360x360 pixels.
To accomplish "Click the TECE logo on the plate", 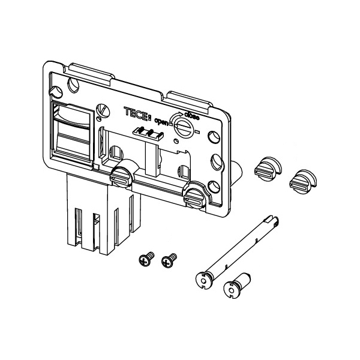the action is pos(137,113).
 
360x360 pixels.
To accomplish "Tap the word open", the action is pos(161,121).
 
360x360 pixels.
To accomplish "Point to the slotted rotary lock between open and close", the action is pos(184,128).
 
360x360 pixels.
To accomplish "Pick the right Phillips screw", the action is pos(169,260).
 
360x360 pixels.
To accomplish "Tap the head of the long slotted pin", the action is pos(204,280).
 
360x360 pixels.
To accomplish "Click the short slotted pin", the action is pos(237,286).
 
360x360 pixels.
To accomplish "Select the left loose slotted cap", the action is pos(268,169).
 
